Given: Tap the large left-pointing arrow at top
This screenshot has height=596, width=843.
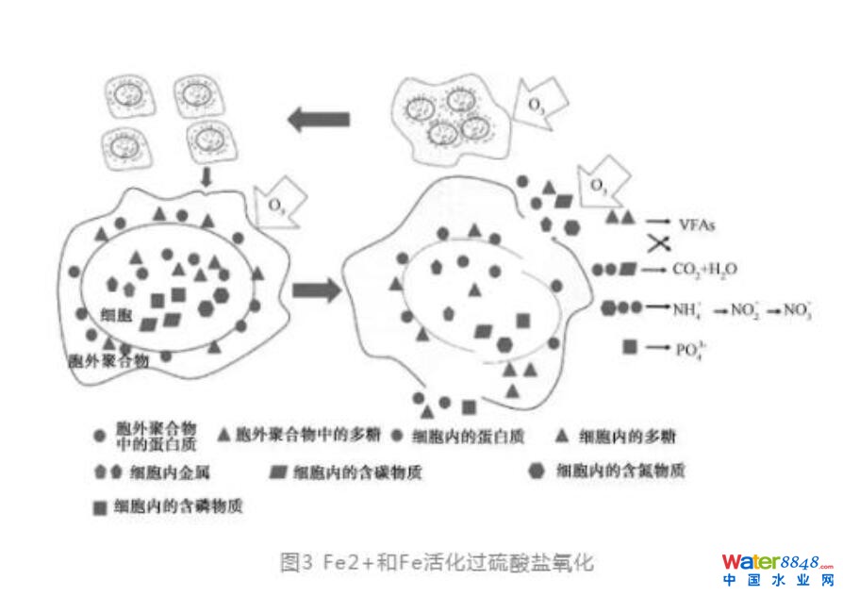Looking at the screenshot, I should tap(318, 119).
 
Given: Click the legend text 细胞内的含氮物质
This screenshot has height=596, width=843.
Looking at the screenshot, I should tap(620, 470).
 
